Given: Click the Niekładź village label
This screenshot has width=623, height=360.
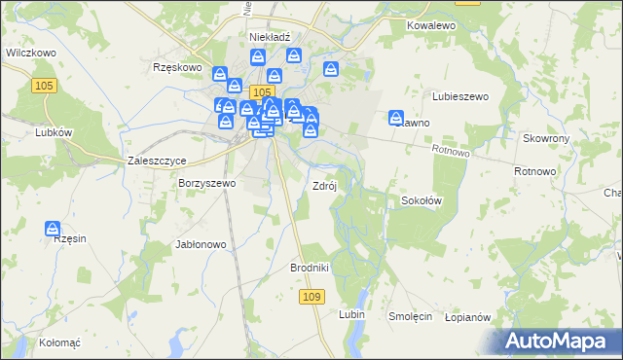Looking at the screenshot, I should click(x=271, y=37).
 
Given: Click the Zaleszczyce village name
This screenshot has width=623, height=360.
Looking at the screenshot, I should click(x=157, y=161).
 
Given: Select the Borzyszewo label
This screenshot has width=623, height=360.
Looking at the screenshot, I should click(x=207, y=183).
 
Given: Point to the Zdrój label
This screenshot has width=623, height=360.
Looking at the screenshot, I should click(x=324, y=186).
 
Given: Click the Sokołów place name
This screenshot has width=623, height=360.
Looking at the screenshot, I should click(x=422, y=201).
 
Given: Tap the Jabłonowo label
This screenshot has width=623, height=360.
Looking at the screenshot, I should click(x=201, y=244).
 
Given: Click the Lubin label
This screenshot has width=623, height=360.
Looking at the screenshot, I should click(x=351, y=315).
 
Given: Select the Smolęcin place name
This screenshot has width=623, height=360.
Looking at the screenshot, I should click(x=411, y=316).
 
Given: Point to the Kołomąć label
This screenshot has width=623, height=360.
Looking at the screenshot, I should click(x=59, y=342).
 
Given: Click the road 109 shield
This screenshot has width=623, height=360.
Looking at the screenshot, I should click(x=311, y=296).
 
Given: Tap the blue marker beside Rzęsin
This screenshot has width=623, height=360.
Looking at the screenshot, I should click(x=55, y=230).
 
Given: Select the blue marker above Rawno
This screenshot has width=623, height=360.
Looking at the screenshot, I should click(x=397, y=116).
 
